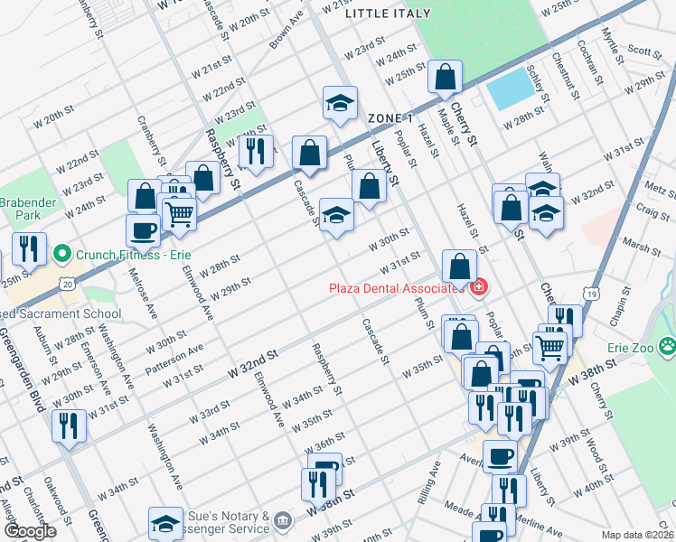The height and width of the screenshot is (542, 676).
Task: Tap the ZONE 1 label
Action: click(x=390, y=118)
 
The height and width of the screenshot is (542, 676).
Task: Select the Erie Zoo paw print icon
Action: click(x=668, y=345)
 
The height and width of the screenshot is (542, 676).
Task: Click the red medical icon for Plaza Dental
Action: click(x=477, y=288)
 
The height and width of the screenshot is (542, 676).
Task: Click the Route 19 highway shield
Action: click(x=590, y=294)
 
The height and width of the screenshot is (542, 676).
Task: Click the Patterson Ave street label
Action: click(x=183, y=354)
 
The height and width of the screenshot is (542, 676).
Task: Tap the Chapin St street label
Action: click(x=617, y=313)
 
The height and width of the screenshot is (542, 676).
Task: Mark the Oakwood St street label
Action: click(x=61, y=507)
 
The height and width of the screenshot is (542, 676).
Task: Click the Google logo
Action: click(x=31, y=532)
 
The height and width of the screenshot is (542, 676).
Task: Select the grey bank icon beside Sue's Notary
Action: click(x=282, y=520)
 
